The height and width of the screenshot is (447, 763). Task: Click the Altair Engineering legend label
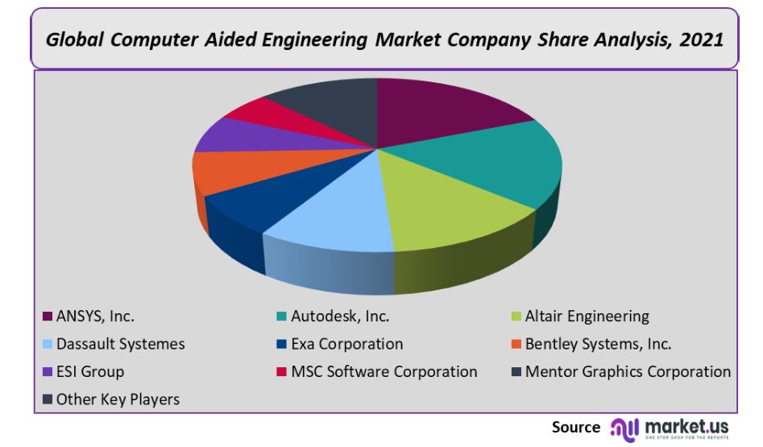[x=587, y=317]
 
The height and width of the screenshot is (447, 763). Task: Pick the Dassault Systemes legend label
[x=120, y=344]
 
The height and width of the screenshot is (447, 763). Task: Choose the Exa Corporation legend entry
[x=347, y=344]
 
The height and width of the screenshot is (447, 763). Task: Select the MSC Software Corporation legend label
[x=384, y=371]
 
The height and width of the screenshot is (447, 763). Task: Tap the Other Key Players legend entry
[x=118, y=399]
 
